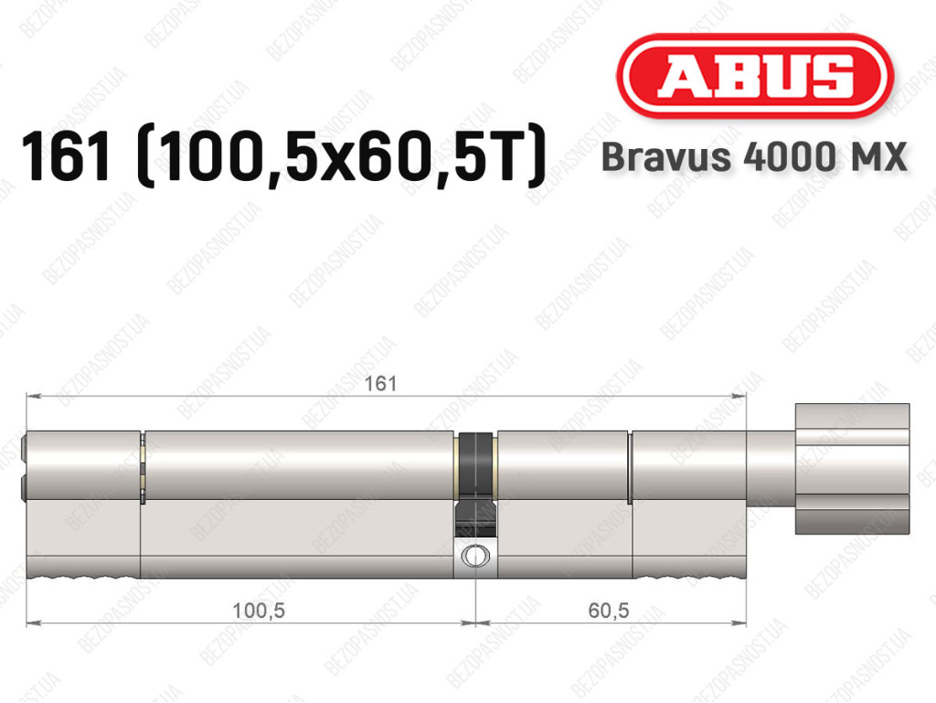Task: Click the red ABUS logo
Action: [754, 75]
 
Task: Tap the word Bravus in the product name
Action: [666, 157]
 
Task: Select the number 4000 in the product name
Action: [784, 157]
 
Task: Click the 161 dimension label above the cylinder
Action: [380, 383]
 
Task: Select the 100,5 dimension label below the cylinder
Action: [258, 610]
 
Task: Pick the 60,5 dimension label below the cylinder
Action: [608, 610]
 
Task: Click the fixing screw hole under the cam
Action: [474, 556]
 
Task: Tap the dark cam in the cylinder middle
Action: [475, 485]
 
